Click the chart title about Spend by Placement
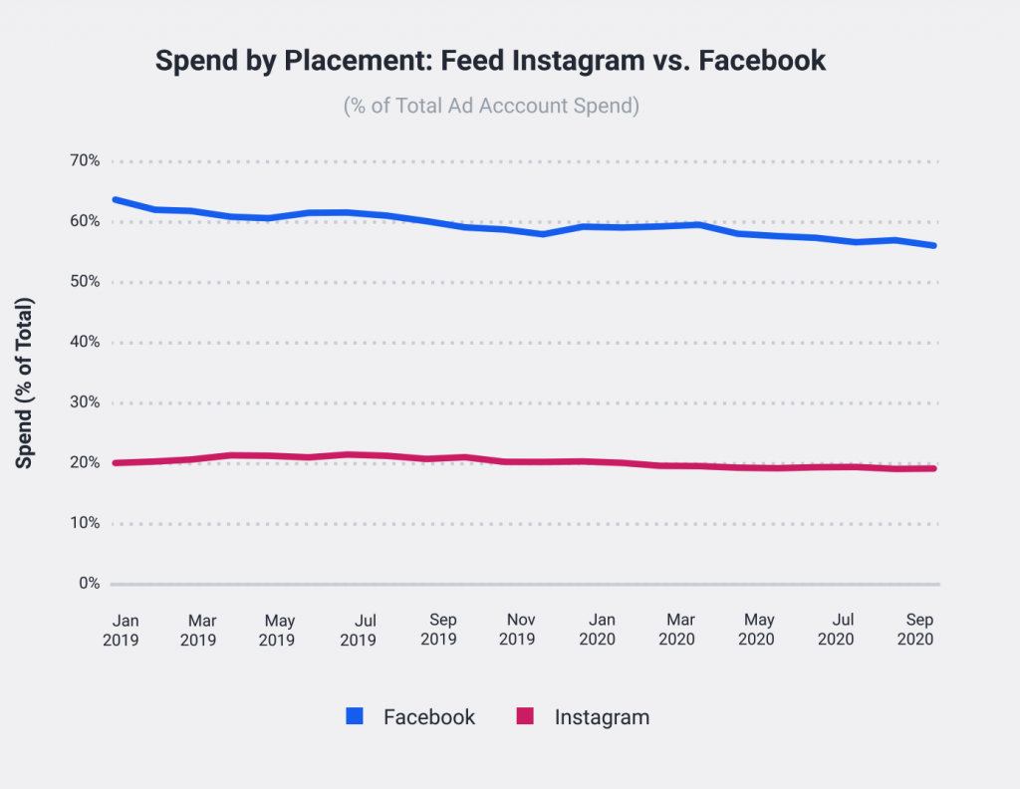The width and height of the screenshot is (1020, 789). click(x=491, y=61)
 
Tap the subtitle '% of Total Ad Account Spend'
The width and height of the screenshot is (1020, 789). click(x=491, y=106)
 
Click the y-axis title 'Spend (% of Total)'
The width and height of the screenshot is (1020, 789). click(x=26, y=383)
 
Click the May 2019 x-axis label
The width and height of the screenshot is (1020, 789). click(x=277, y=630)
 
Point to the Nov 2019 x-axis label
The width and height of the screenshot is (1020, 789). click(x=517, y=630)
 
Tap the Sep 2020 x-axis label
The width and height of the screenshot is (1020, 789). click(x=916, y=630)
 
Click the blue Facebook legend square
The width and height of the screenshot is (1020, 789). click(x=356, y=716)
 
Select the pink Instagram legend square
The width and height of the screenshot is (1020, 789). click(x=526, y=716)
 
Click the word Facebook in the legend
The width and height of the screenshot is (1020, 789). click(x=429, y=717)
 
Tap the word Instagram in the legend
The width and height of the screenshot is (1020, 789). click(x=602, y=717)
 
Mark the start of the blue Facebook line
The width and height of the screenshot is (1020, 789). click(x=116, y=199)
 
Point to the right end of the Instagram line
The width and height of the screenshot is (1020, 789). click(x=933, y=468)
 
